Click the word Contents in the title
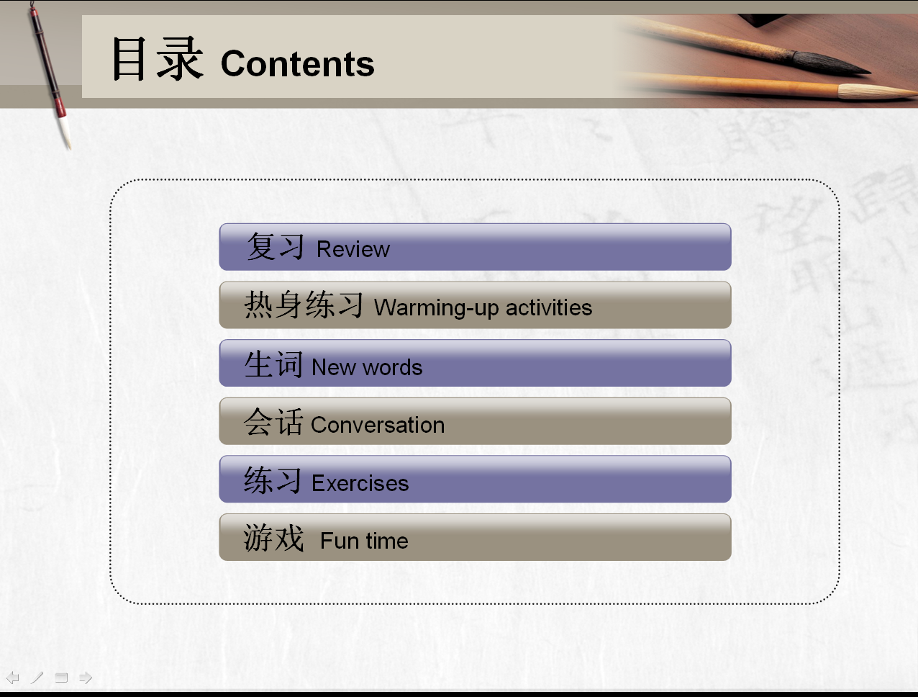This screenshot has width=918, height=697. (x=297, y=63)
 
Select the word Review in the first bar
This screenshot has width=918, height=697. (x=353, y=250)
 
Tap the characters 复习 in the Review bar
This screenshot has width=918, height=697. (x=276, y=246)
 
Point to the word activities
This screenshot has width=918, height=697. (x=549, y=307)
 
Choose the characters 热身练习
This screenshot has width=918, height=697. (x=304, y=305)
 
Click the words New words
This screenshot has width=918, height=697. (x=367, y=367)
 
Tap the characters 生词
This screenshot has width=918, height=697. (x=273, y=364)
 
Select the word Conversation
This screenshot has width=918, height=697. (x=377, y=425)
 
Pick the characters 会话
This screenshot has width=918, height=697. (x=273, y=422)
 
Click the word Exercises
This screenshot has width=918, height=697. (x=360, y=483)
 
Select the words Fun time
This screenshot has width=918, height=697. (x=364, y=541)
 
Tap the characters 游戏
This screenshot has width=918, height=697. (x=273, y=538)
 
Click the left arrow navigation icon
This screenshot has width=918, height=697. (x=12, y=678)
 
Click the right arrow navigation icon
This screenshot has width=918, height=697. (x=86, y=678)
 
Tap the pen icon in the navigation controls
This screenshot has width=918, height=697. (x=37, y=678)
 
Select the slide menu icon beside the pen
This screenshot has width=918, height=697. (x=61, y=678)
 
